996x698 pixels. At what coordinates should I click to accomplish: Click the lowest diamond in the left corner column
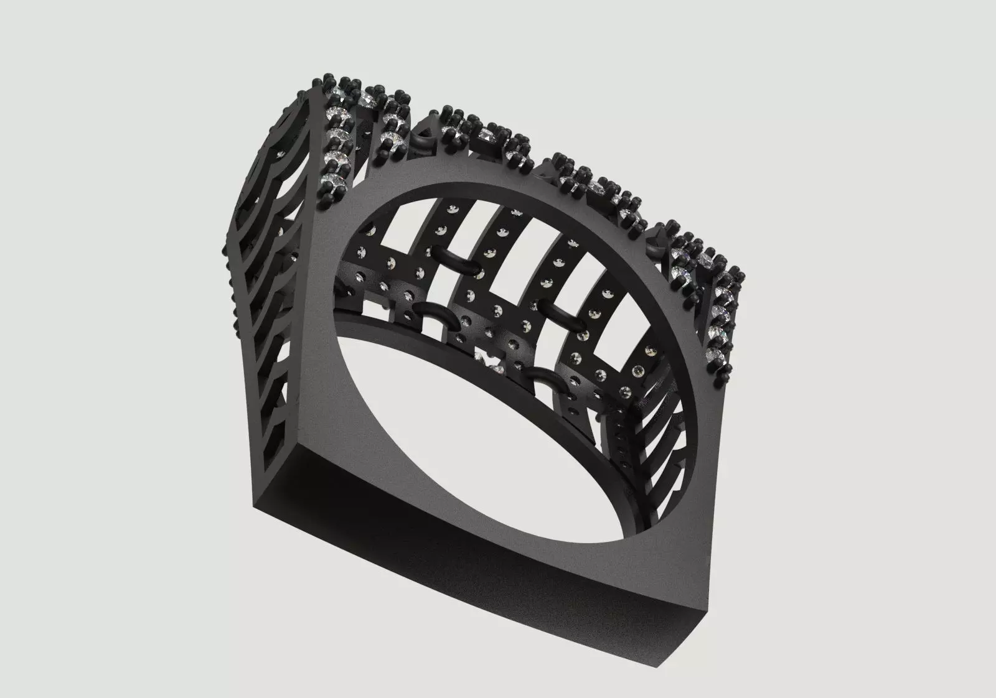tap(331, 182)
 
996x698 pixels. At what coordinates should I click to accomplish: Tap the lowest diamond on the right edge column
tap(716, 355)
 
